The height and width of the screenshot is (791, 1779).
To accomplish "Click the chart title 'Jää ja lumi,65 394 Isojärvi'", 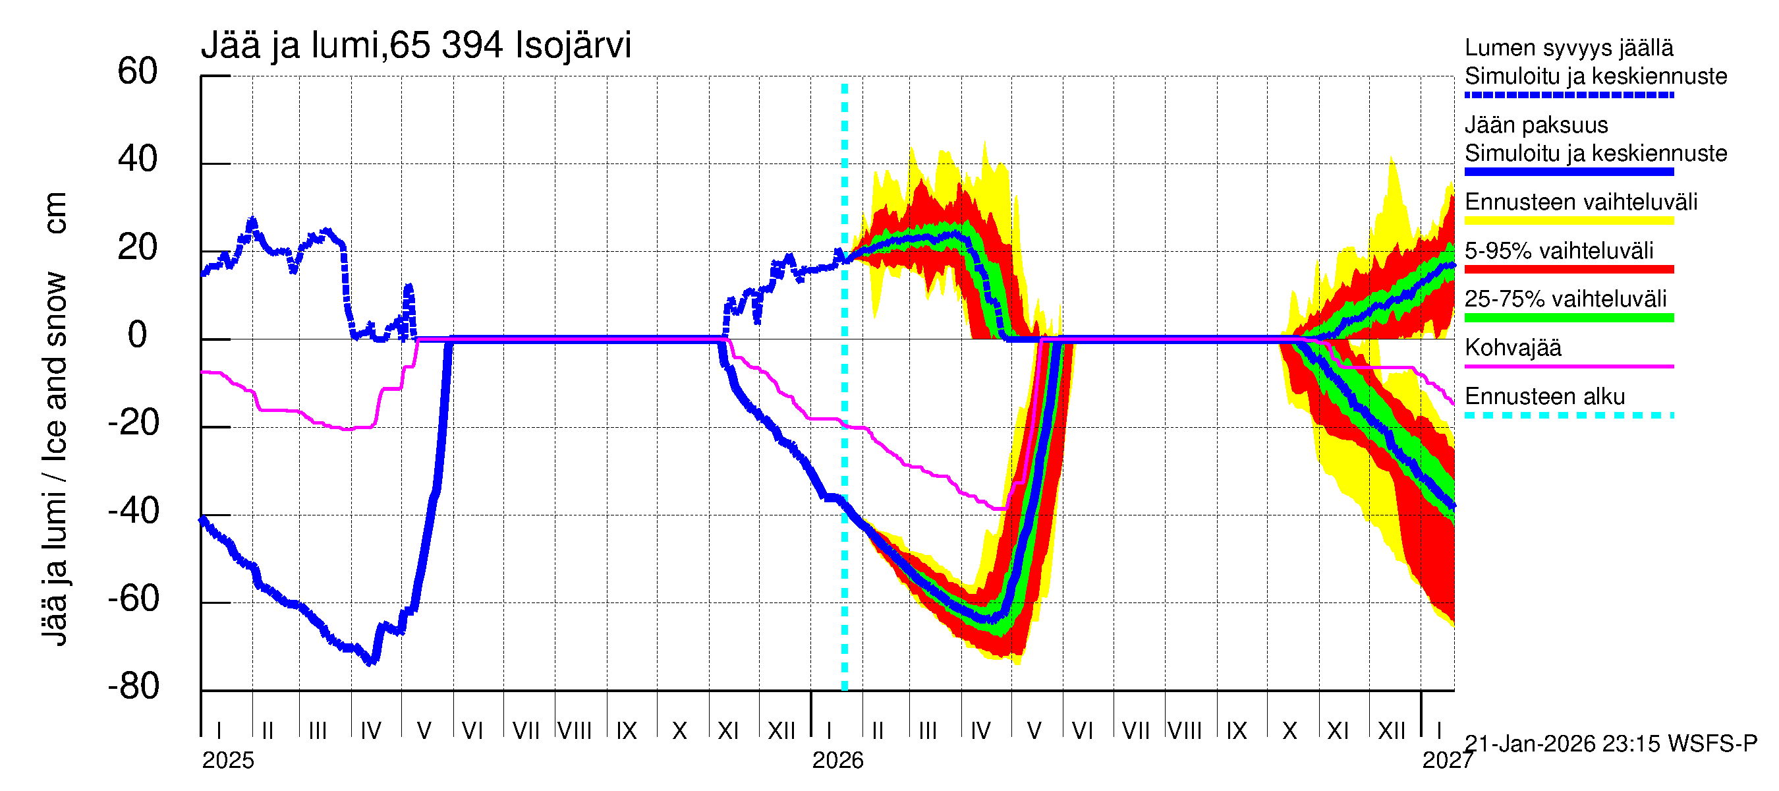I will (416, 45).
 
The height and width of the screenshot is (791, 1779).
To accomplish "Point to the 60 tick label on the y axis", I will (138, 71).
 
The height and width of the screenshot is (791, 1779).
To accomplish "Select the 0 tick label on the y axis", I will (138, 335).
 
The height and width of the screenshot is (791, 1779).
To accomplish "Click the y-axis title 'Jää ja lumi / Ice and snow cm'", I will (55, 418).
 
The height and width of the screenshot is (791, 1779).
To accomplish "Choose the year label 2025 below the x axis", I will (228, 761).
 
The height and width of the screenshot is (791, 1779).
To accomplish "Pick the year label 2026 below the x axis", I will (837, 761).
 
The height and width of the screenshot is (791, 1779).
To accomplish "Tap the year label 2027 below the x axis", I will (1448, 761).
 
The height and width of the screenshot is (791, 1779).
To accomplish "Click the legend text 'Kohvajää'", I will (1512, 347).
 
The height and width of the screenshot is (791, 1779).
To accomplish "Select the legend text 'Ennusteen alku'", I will (1544, 397).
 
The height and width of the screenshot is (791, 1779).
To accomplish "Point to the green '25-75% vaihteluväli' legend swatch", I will (1568, 318).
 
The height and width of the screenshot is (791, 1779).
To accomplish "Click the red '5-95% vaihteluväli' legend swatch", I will (1568, 270).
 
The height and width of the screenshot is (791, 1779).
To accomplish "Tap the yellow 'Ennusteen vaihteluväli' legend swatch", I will (1568, 221).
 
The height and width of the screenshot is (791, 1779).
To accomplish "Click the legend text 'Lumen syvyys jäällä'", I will (1568, 47).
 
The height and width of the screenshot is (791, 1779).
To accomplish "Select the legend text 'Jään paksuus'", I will (1536, 125).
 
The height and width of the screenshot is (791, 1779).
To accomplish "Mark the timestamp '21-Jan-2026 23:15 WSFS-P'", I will (1610, 744).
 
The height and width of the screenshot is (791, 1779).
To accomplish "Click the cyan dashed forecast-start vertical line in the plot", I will (845, 415).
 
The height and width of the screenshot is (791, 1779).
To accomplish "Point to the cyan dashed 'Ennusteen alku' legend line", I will (1568, 415).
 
